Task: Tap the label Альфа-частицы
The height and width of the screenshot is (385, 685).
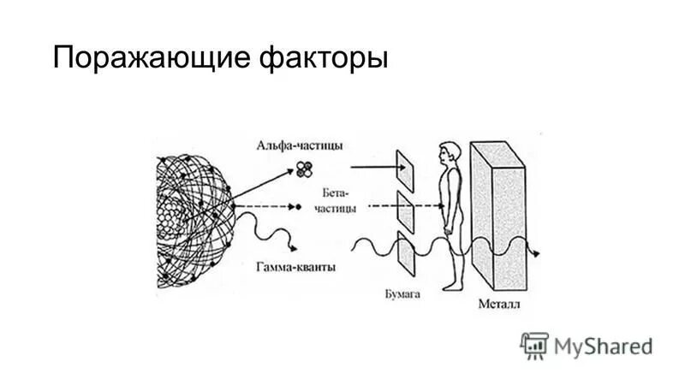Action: point(300,145)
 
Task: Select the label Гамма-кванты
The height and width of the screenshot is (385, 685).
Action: point(295,267)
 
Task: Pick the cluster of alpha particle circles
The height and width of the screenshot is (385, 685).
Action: point(301,169)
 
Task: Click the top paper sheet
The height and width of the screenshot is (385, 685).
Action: point(405,169)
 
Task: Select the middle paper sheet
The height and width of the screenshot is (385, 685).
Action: point(405,210)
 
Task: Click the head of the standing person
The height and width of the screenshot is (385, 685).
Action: point(450,155)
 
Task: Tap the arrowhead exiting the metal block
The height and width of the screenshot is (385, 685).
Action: point(537,253)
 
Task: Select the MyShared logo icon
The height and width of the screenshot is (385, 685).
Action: point(533,345)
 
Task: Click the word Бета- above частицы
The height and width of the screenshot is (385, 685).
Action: point(337,193)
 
